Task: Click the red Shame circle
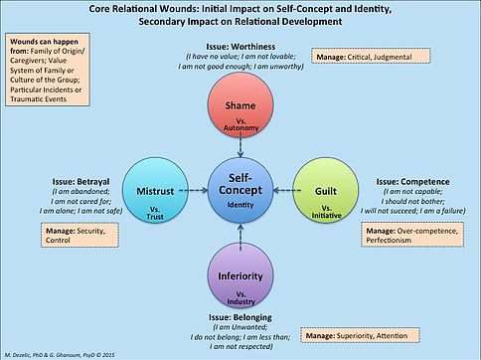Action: tap(239, 105)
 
